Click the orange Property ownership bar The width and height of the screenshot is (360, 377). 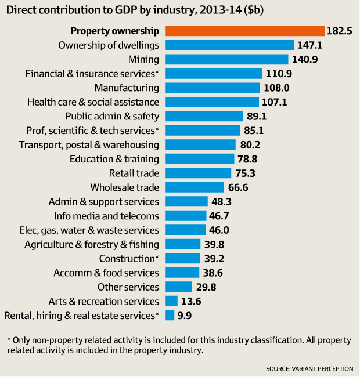tap(244, 31)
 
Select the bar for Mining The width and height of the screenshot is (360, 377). tap(226, 59)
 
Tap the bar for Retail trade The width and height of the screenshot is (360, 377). tap(198, 173)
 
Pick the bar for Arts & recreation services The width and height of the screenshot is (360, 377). tap(171, 301)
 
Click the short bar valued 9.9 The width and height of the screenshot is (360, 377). tap(170, 316)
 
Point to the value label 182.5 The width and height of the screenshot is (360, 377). tap(340, 31)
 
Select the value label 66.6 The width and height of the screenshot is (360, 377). tap(239, 187)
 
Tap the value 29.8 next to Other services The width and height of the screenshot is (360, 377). tap(207, 287)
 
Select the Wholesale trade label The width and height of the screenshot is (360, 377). tap(125, 187)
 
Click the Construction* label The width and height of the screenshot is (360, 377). tap(129, 259)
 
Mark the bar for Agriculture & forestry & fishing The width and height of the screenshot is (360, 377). tap(183, 244)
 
